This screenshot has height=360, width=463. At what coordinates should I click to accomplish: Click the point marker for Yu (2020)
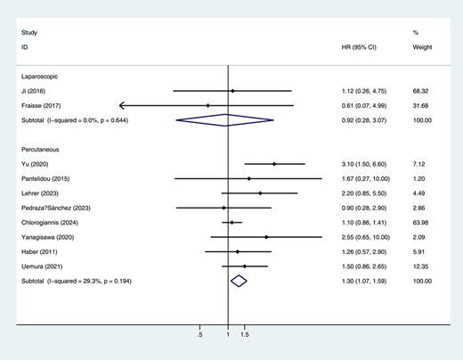pyautogui.click(x=274, y=164)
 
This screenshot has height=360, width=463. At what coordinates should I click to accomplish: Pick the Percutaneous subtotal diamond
pyautogui.click(x=238, y=281)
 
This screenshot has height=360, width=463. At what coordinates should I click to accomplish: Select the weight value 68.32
pyautogui.click(x=422, y=91)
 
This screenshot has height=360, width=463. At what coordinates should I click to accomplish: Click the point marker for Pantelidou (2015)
pyautogui.click(x=249, y=179)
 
